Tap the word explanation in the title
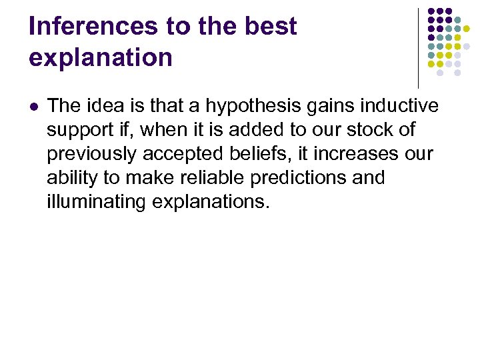pos(101,57)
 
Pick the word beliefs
pos(254,155)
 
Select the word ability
pos(69,179)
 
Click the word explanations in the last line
pos(211,203)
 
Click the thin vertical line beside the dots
pos(418,47)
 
